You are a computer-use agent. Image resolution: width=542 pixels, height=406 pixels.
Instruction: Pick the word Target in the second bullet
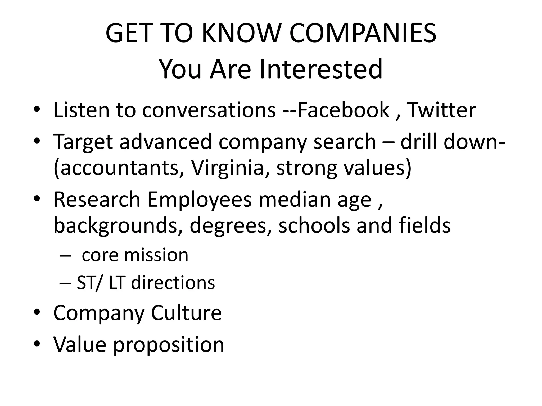[x=83, y=142]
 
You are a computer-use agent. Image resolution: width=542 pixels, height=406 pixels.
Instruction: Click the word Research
[x=97, y=200]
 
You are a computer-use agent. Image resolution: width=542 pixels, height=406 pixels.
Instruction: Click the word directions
[x=173, y=283]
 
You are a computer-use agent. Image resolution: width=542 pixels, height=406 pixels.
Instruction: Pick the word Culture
[x=186, y=313]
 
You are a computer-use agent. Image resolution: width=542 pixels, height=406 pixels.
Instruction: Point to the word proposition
[x=169, y=345]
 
